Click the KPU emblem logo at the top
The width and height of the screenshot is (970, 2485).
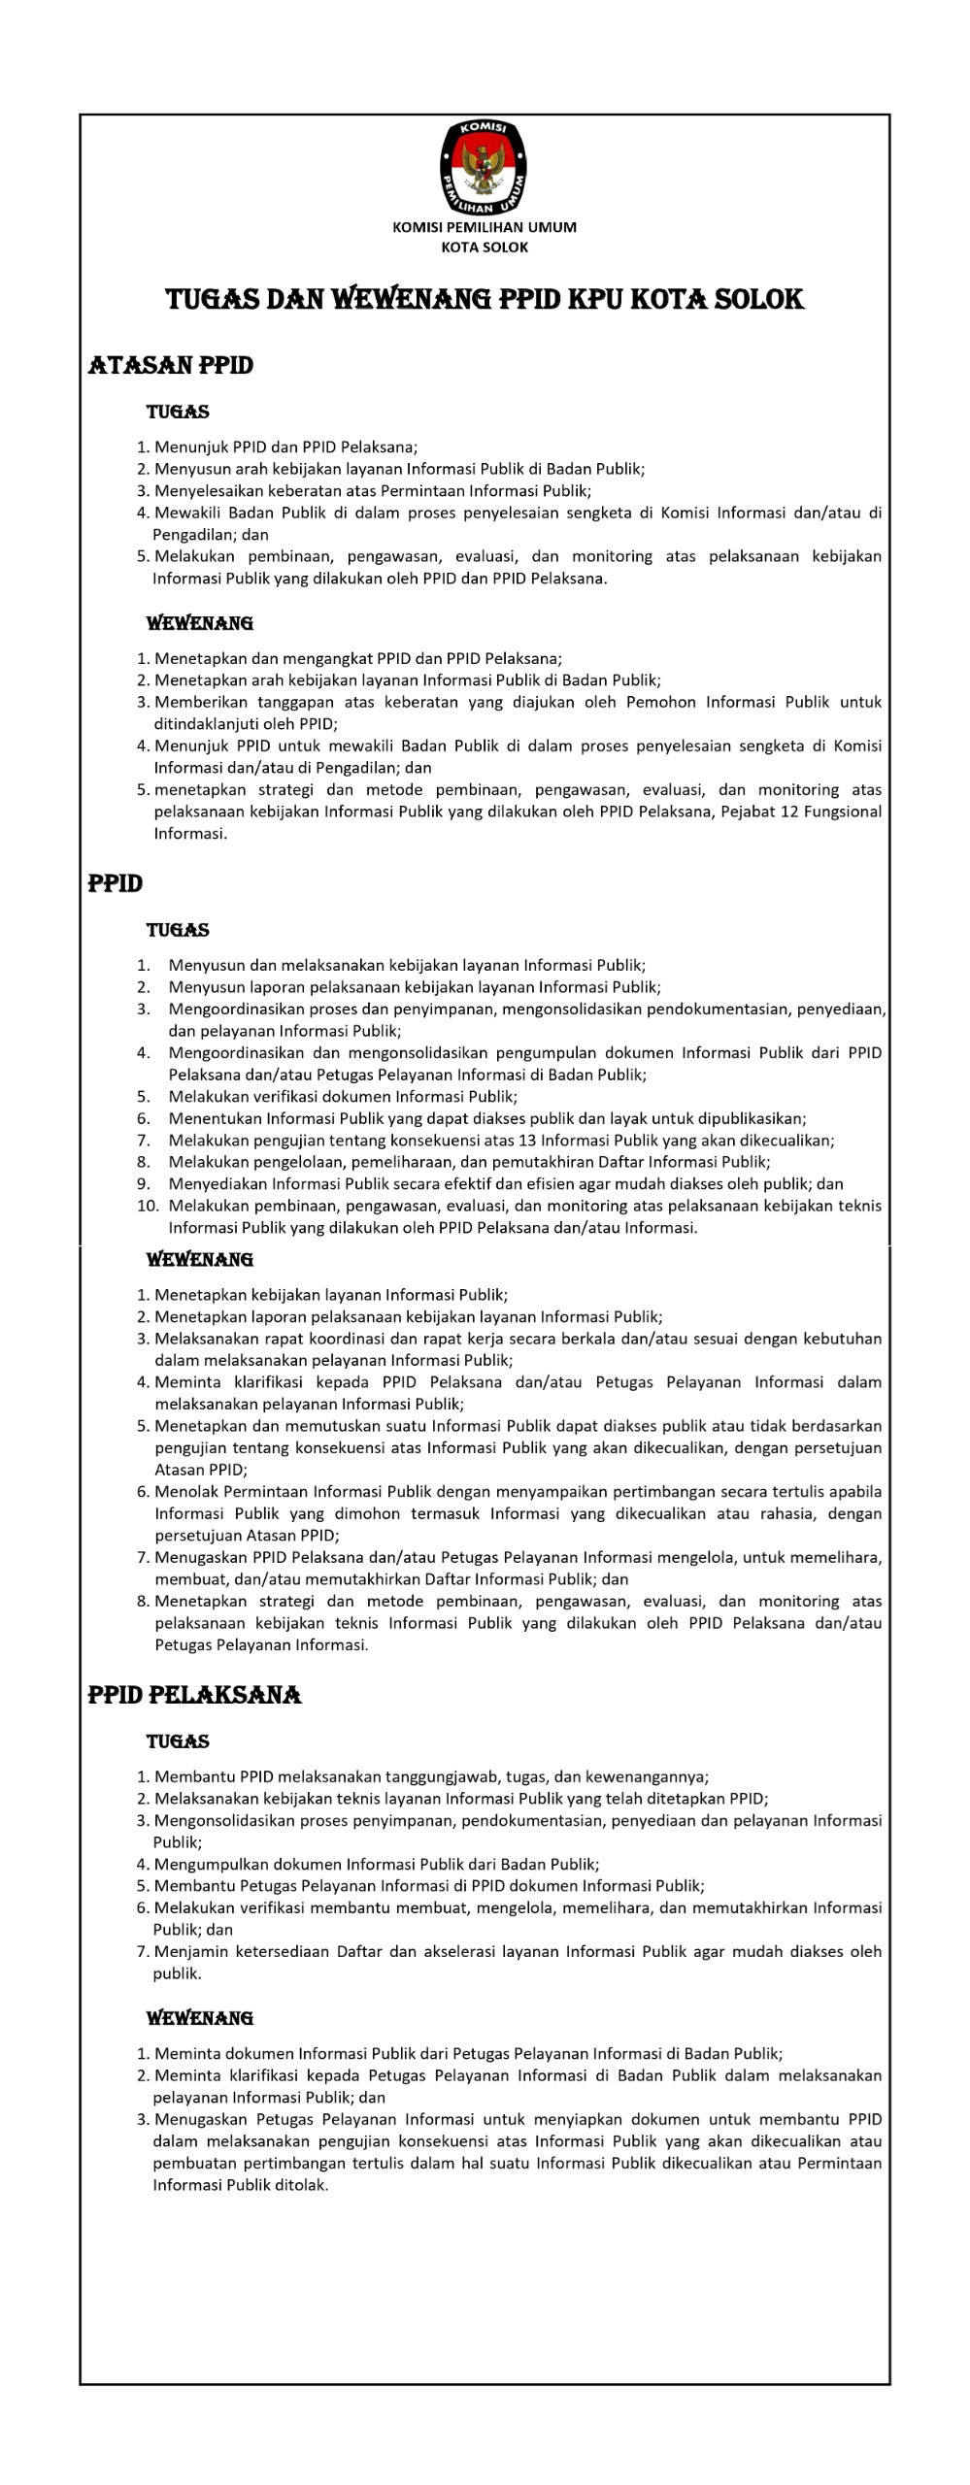pyautogui.click(x=484, y=168)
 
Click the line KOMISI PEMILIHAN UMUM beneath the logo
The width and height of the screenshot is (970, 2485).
pyautogui.click(x=484, y=227)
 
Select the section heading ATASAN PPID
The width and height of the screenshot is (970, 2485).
pyautogui.click(x=171, y=366)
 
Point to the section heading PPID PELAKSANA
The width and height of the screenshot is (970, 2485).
pyautogui.click(x=194, y=1695)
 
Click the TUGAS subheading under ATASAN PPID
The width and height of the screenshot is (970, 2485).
pyautogui.click(x=178, y=413)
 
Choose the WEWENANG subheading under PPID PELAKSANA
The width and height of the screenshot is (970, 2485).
pyautogui.click(x=199, y=2018)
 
